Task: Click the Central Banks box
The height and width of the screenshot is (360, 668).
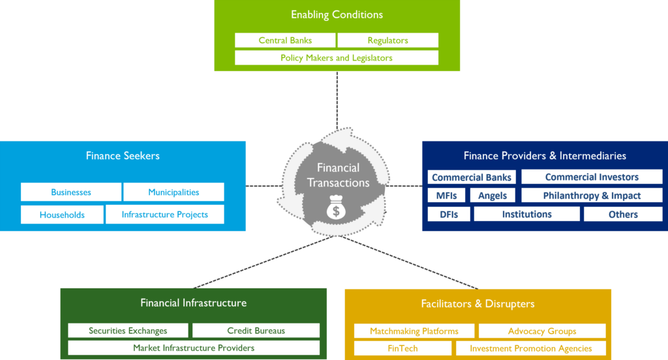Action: [285, 40]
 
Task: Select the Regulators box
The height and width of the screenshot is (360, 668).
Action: [387, 40]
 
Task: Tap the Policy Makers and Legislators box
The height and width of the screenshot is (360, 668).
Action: [337, 58]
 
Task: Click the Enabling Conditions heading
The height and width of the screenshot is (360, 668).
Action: [337, 14]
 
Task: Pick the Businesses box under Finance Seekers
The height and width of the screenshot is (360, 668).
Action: [71, 192]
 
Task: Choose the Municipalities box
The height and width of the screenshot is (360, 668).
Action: [174, 192]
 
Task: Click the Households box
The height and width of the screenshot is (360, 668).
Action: [62, 215]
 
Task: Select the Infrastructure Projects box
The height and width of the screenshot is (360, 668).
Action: [164, 215]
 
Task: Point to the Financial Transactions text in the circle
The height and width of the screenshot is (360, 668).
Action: [338, 175]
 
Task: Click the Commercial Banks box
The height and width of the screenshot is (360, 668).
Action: [472, 177]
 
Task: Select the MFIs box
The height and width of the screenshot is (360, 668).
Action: [447, 196]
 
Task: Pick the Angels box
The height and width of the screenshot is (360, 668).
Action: [493, 196]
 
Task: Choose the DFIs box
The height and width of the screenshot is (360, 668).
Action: [449, 215]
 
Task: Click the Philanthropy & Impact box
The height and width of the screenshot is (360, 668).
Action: [592, 196]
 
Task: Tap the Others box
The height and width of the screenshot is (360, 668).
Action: [623, 215]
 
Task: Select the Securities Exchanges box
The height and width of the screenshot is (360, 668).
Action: [128, 331]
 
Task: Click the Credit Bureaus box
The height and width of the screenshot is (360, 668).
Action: [256, 331]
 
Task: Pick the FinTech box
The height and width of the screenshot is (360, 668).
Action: [402, 348]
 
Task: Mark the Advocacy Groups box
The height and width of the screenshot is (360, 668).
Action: [542, 331]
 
